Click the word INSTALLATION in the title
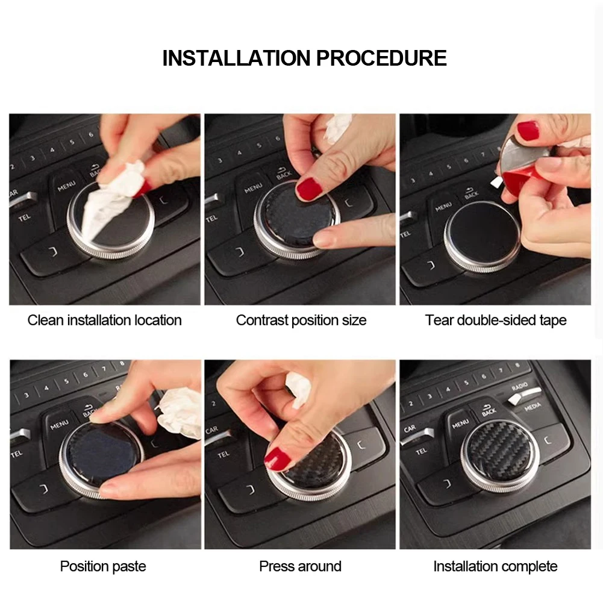236,58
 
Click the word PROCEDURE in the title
381,58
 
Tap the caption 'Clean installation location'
104,320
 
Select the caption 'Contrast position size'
301,320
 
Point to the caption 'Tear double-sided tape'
495,320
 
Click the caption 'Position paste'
103,566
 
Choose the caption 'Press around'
301,566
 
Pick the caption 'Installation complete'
495,566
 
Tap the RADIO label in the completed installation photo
519,387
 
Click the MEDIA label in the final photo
533,407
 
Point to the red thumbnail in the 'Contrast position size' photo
309,189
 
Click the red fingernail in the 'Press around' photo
277,458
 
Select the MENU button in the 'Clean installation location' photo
66,186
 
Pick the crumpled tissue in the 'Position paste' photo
179,413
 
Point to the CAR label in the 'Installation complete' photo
410,428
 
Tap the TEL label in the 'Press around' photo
223,455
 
